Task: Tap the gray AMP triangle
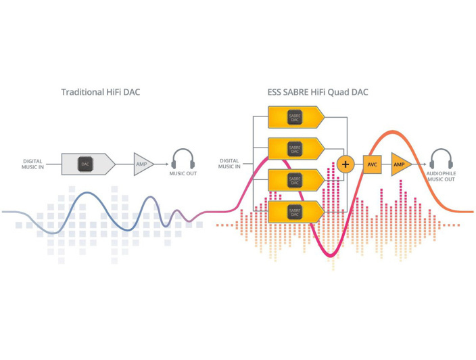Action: tap(143, 164)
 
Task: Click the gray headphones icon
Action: tap(183, 159)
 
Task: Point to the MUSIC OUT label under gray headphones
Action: tap(183, 175)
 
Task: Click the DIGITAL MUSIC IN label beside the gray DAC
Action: tap(32, 164)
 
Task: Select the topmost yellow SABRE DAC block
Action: tap(295, 117)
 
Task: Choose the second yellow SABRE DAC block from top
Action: tap(295, 148)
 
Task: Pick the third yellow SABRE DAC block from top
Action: tap(295, 180)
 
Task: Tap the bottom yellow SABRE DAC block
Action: tap(295, 211)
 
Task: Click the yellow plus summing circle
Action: tap(346, 164)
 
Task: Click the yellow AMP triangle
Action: tap(400, 164)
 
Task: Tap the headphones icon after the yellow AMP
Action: tap(441, 159)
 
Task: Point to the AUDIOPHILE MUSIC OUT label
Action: tap(441, 177)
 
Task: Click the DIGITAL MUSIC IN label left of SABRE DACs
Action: tap(229, 164)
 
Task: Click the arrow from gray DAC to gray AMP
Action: tap(124, 164)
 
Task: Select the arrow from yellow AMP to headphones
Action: tap(420, 164)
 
